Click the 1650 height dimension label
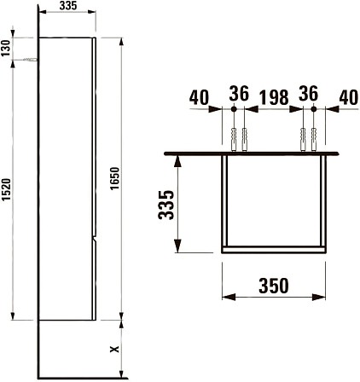(115, 179)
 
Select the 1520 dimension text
(6, 189)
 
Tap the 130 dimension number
(6, 48)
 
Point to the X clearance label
(114, 349)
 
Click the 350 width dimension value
(274, 286)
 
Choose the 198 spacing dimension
(274, 97)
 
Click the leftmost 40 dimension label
(199, 97)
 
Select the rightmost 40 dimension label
(348, 97)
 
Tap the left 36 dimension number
(239, 93)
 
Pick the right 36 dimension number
(308, 93)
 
